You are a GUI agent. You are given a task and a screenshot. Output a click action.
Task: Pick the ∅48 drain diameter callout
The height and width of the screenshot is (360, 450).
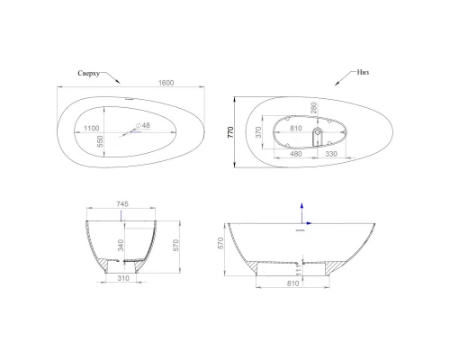143,125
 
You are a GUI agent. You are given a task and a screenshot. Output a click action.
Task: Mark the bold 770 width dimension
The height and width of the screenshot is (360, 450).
232,131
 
